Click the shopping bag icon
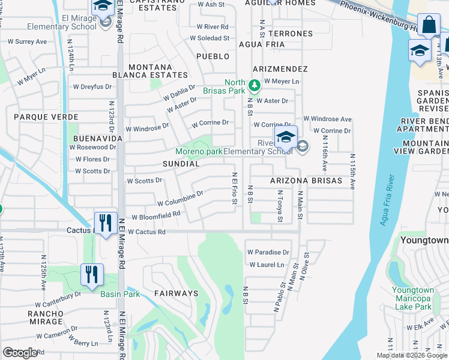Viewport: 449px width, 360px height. tap(429, 26)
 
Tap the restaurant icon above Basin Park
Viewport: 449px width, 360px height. tap(92, 275)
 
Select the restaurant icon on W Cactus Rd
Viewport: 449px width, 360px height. tap(105, 223)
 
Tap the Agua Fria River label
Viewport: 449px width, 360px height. tap(387, 200)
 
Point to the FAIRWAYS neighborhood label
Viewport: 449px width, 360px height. tap(176, 293)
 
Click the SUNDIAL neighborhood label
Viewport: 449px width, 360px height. tap(181, 163)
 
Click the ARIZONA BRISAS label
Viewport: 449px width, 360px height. tap(306, 181)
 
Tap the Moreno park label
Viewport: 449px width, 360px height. tap(199, 152)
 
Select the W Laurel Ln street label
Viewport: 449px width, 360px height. tap(267, 265)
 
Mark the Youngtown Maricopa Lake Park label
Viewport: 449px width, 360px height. tap(412, 298)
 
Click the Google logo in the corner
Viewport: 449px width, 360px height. tap(20, 353)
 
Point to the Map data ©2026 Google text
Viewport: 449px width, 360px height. tap(411, 355)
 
